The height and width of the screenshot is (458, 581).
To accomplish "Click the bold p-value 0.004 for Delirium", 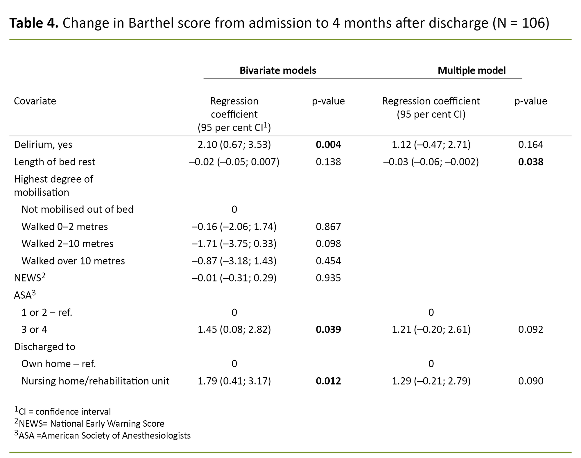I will coord(328,145).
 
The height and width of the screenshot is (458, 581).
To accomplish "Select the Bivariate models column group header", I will coord(277,71).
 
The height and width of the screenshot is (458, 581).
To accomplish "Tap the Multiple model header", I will coord(471,71).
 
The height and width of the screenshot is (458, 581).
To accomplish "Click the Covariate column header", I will coord(35,101).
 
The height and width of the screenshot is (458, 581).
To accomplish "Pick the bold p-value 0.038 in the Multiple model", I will coord(530,162).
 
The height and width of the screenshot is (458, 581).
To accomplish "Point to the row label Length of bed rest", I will coord(55,162).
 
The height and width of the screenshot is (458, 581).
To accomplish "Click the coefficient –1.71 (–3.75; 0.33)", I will coord(234,244).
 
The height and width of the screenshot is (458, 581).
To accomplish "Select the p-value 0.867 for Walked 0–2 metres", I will coord(328,226).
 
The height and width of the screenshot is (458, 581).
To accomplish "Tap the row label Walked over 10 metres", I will coord(73,261).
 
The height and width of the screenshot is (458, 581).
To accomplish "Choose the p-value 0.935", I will coord(328,278).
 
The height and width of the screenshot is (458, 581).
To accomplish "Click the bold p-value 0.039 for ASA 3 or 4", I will coord(328,329).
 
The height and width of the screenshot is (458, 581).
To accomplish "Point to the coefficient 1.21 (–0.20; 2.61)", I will coord(431,329).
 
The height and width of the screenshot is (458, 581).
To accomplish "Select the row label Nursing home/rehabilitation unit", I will coord(95,381).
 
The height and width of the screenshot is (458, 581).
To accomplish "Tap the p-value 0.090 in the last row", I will coord(530,381).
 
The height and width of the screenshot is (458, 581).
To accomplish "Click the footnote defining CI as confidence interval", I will coord(63,411).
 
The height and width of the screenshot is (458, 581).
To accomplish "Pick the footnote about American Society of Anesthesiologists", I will coord(103,435).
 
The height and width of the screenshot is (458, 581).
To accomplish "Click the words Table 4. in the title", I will coord(34,23).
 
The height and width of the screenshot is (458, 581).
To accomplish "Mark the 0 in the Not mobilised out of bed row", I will coord(234,209).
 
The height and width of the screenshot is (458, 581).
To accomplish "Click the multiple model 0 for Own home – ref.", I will coord(431,364).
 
